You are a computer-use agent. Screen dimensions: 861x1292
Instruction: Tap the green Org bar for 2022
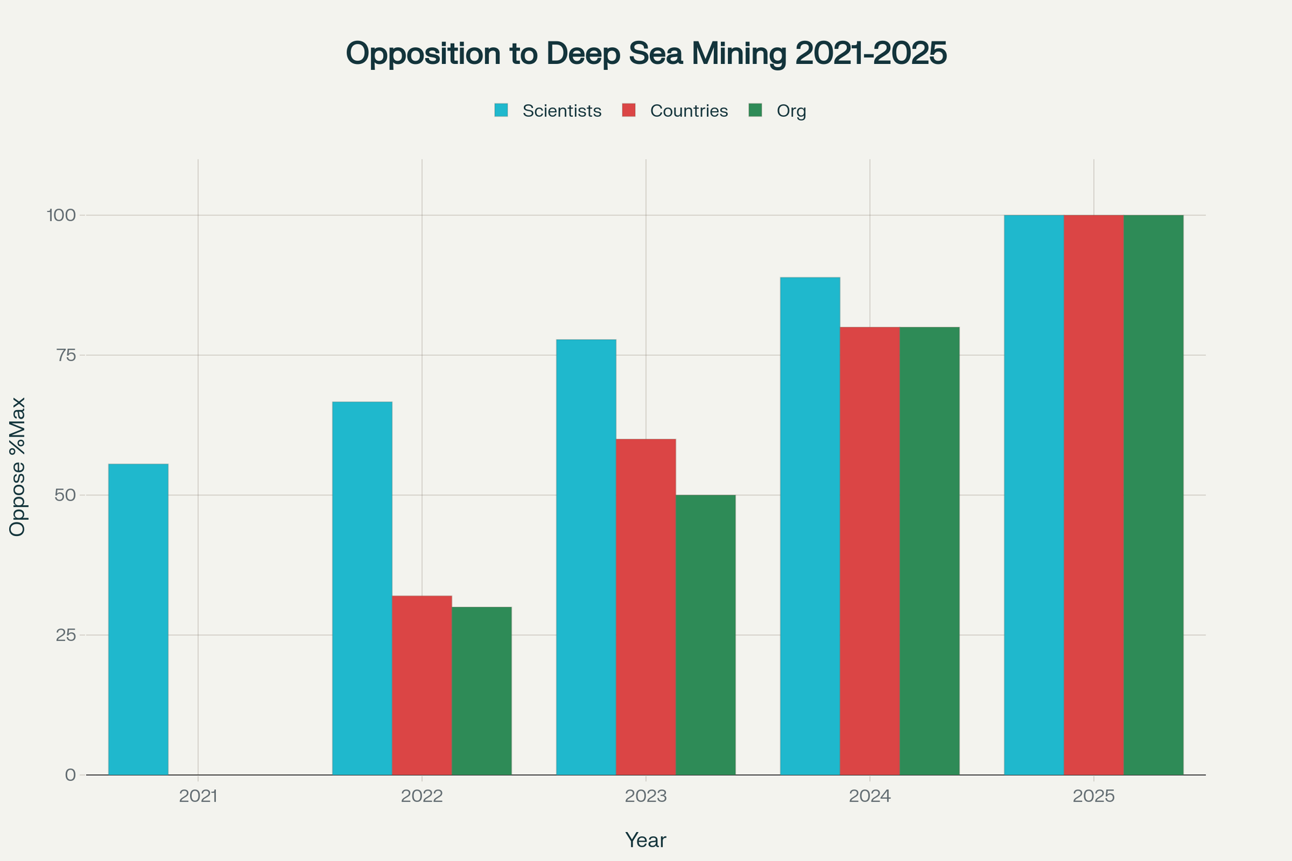(481, 690)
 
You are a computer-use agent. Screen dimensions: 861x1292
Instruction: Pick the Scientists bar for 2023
(586, 557)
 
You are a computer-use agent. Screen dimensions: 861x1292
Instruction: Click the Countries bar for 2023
(646, 607)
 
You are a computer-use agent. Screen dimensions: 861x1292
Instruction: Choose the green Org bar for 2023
(705, 634)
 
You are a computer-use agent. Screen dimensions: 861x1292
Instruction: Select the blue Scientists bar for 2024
(810, 526)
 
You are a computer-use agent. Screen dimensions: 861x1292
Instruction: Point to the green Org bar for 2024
(930, 550)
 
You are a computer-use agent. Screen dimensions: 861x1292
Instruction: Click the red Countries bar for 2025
(1094, 495)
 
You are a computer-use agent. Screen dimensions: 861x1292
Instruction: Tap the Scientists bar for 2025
(1034, 495)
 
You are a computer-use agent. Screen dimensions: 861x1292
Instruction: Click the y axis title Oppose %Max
(18, 466)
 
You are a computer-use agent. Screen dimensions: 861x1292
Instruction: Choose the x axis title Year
(645, 840)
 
